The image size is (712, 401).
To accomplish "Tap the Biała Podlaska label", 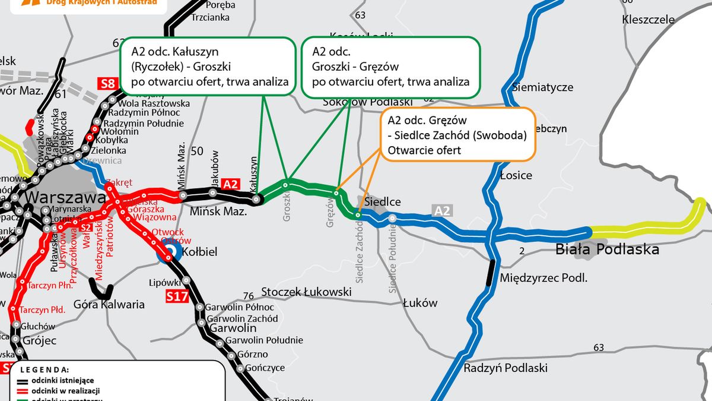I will click(x=607, y=249).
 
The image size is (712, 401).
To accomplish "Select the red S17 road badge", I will click(x=177, y=295).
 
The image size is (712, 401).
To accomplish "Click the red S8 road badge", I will click(x=107, y=83).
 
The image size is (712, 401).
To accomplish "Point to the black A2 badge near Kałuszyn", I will click(x=230, y=184).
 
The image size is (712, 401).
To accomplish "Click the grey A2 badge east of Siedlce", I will click(x=442, y=210).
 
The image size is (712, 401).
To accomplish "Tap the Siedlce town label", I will click(x=382, y=202).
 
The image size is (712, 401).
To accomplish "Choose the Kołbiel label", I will click(x=201, y=252).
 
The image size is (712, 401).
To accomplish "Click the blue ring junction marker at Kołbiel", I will click(x=169, y=252).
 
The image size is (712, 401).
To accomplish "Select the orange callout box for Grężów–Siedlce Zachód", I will click(x=457, y=134).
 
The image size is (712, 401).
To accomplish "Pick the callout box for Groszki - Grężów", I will click(x=390, y=67).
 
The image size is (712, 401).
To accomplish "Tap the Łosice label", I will click(x=516, y=175).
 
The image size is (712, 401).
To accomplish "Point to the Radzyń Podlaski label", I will click(x=506, y=368).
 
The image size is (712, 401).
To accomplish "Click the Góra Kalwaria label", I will click(x=109, y=304).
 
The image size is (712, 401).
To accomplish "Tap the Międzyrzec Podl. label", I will click(x=543, y=277).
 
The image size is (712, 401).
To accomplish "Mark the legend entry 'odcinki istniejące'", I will click(x=63, y=380).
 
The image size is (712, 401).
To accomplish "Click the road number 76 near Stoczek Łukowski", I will click(x=249, y=296).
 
